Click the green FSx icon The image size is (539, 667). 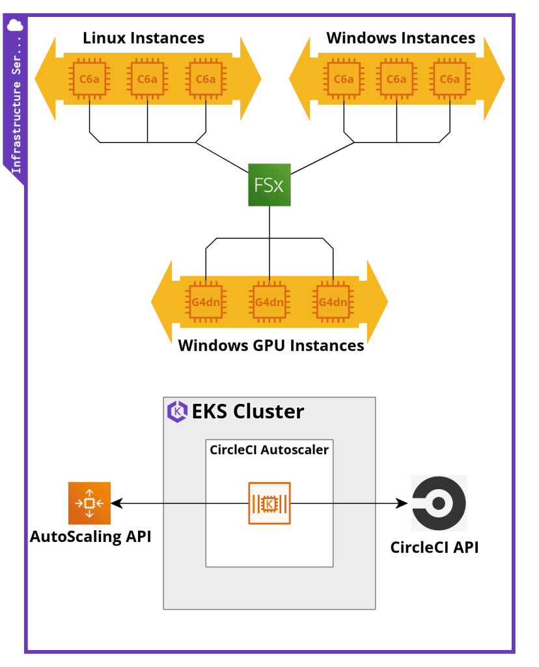(269, 185)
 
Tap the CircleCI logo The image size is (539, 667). (438, 503)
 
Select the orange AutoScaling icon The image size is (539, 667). (89, 503)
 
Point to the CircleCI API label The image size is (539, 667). (434, 547)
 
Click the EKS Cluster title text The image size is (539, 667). (247, 412)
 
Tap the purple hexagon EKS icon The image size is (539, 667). (177, 412)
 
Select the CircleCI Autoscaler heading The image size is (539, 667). (269, 449)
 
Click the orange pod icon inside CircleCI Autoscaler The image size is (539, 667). (269, 503)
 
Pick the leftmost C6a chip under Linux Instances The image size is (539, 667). (89, 79)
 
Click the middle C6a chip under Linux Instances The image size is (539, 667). (147, 79)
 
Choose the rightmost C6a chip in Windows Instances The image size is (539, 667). (450, 79)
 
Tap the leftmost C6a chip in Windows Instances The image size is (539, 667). (343, 79)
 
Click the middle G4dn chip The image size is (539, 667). (269, 302)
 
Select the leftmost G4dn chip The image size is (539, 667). (205, 302)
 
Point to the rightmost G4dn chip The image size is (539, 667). (333, 302)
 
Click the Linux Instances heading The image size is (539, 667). (143, 38)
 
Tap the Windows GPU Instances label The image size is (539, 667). (271, 345)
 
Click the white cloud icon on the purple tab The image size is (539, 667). (15, 25)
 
